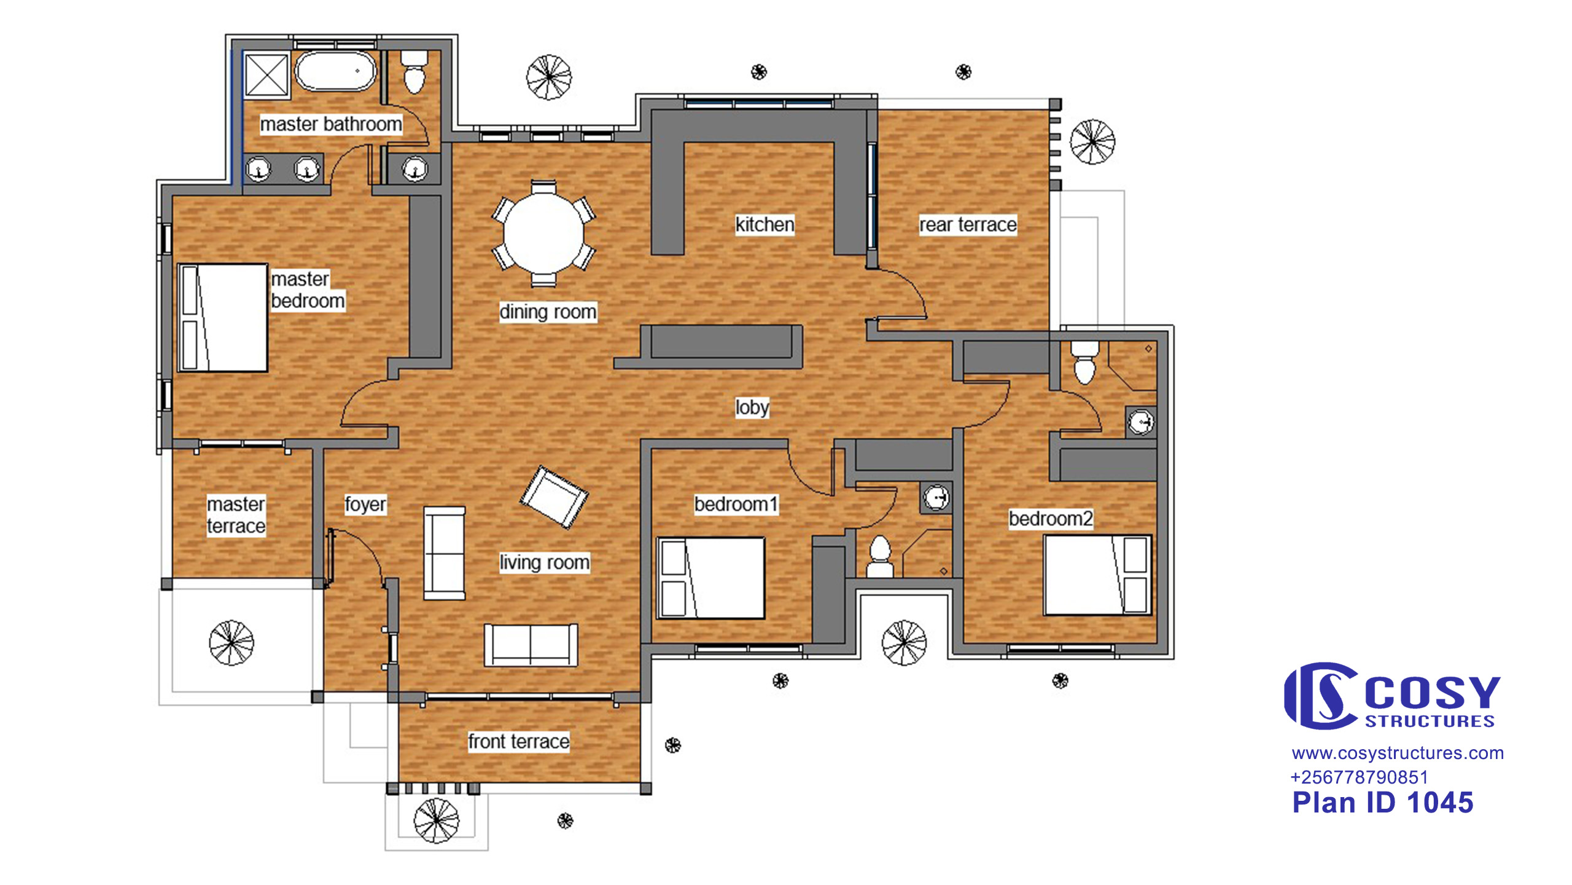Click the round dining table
click(543, 234)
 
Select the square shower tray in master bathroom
click(267, 75)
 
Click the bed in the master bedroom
click(222, 318)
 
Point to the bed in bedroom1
click(711, 578)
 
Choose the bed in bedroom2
click(1098, 575)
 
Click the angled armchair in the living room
click(554, 497)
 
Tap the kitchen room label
click(765, 224)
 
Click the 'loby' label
click(752, 407)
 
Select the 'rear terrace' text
click(968, 224)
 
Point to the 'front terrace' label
click(519, 741)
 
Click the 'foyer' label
click(365, 505)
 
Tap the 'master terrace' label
click(236, 515)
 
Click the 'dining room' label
click(548, 312)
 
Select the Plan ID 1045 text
click(1383, 803)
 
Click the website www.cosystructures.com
click(1398, 753)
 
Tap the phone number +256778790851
click(1360, 777)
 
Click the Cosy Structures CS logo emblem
click(1320, 696)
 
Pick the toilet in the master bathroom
click(414, 72)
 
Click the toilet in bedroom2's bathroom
click(1084, 363)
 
